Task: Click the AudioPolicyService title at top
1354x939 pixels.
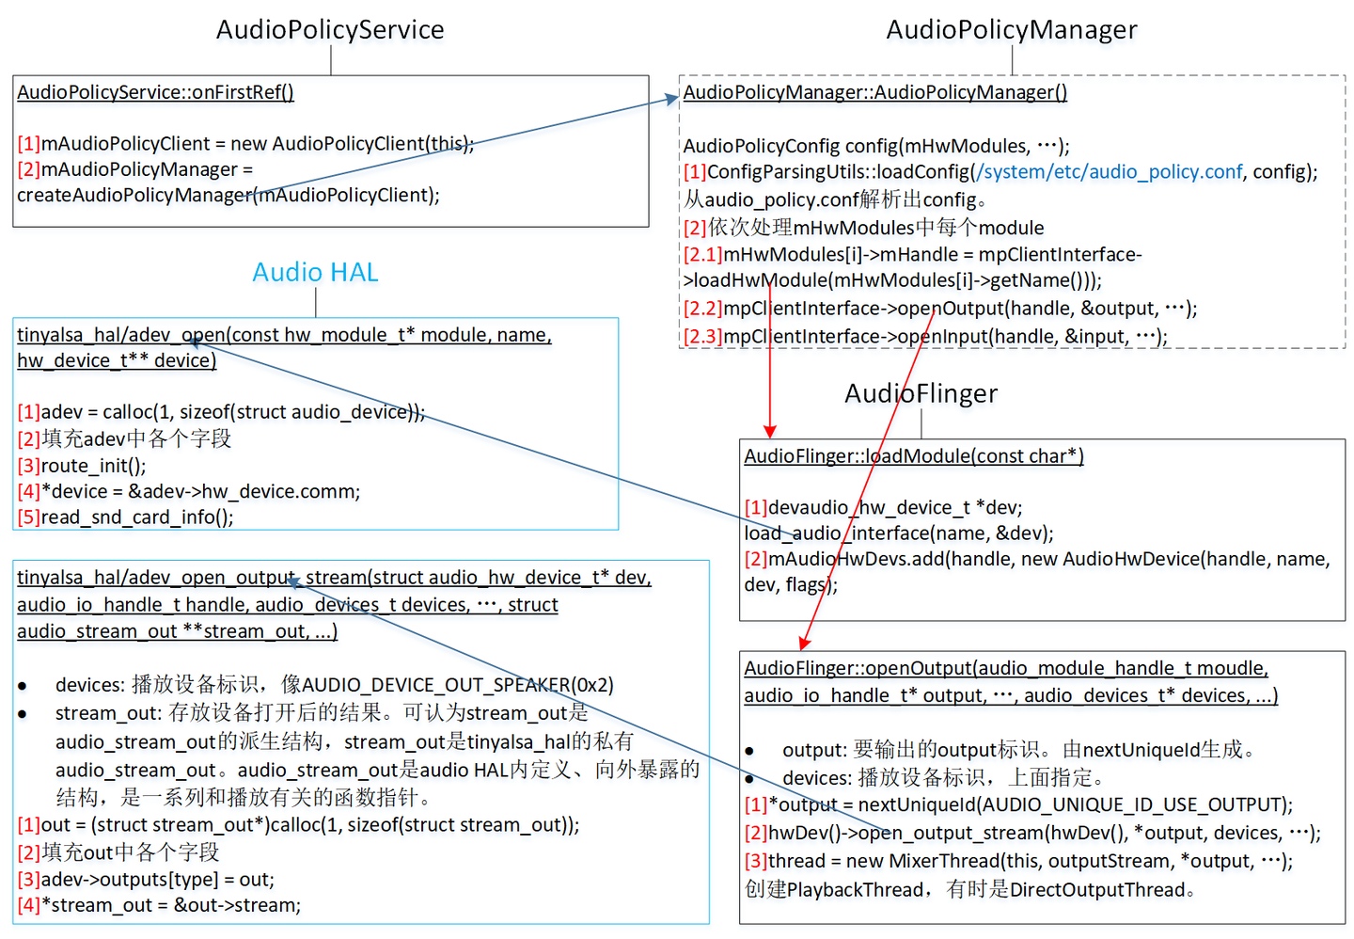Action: click(330, 30)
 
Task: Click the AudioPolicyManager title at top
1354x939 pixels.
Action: click(1012, 30)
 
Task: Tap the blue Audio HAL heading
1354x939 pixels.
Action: click(315, 273)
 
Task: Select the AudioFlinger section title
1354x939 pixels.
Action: click(921, 393)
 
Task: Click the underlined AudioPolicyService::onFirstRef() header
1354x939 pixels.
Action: click(155, 92)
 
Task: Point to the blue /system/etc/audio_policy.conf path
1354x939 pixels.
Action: click(1110, 172)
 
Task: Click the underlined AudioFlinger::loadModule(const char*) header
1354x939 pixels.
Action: click(913, 456)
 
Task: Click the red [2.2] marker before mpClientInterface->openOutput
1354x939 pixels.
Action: click(702, 309)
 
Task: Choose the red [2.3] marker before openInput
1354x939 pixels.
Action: click(702, 337)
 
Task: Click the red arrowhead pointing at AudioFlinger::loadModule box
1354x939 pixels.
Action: click(770, 431)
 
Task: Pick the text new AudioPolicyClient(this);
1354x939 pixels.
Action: click(353, 144)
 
